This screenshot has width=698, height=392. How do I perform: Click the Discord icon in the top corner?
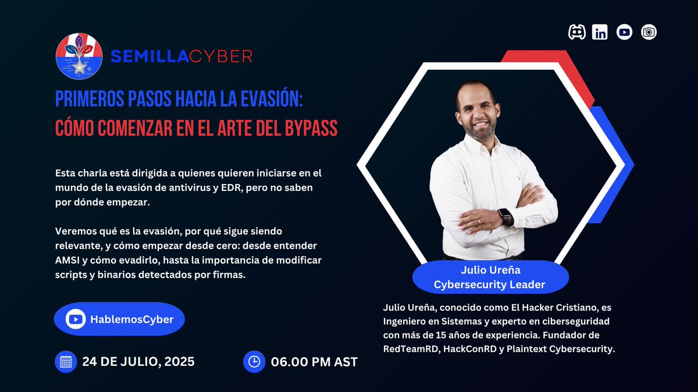576,33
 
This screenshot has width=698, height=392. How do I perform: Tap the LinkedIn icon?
600,33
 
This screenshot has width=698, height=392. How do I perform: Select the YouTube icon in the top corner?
624,33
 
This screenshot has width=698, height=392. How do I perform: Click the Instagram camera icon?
649,33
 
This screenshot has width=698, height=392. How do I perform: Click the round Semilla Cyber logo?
79,56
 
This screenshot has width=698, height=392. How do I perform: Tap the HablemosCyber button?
119,319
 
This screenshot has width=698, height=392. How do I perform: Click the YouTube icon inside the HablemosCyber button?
76,319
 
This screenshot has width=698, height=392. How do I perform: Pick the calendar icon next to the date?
66,361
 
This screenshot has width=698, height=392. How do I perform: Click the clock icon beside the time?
254,361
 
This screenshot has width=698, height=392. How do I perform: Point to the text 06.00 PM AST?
314,362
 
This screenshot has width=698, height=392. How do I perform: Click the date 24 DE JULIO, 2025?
138,361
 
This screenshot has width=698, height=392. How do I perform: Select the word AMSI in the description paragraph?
67,260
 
